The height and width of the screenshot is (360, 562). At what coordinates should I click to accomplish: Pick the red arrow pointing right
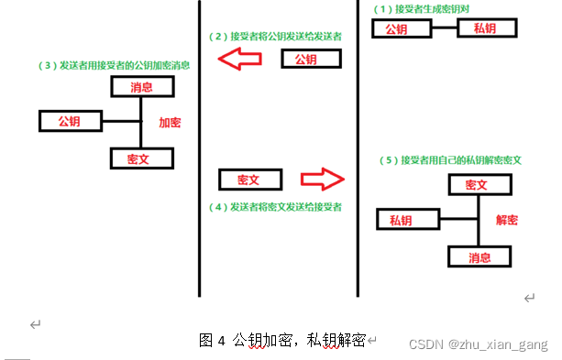320,177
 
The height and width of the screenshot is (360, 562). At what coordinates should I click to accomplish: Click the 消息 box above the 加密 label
141,87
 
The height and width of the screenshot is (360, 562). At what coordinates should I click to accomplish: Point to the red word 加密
171,121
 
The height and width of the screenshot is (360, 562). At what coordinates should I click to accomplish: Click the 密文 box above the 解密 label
479,184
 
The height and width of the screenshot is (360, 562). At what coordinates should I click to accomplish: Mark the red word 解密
507,220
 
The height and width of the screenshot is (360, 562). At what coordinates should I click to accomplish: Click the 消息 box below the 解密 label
479,256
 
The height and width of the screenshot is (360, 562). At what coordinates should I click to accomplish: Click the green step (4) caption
275,207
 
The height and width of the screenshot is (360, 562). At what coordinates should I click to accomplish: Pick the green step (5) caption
450,159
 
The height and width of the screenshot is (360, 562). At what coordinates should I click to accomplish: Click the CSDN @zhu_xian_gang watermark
477,343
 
